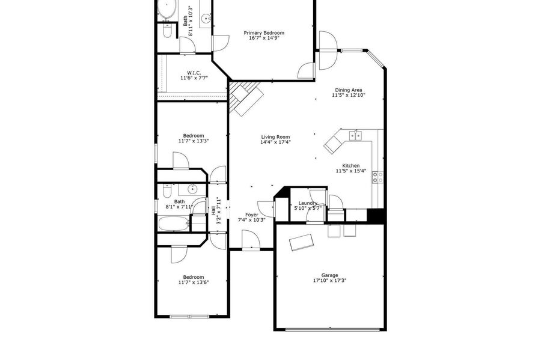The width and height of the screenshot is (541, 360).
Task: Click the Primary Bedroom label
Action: point(264,33)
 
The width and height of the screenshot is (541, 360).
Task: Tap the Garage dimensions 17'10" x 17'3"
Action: point(329,281)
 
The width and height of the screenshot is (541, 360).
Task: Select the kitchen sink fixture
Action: point(355,135)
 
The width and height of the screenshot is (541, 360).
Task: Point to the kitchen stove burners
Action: point(377,177)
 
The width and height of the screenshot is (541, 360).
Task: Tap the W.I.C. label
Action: point(194,73)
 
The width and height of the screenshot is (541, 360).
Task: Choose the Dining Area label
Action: point(349,90)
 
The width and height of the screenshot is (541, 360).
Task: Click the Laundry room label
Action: point(308,203)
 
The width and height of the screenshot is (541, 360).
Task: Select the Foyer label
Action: point(251,215)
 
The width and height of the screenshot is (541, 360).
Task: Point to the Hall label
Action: point(213,210)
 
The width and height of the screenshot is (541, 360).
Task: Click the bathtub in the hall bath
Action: point(174,224)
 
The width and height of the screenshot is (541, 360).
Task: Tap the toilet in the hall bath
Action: point(167,191)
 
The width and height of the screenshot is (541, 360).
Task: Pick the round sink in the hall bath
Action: point(192,189)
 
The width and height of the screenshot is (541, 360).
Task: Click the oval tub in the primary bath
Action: point(168,10)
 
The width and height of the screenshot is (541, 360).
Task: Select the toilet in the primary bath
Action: point(167,30)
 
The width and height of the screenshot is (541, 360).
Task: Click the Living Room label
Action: point(275,137)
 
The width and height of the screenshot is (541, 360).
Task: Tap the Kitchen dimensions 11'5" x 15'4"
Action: point(351,171)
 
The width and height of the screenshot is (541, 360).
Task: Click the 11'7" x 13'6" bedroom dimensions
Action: point(194,282)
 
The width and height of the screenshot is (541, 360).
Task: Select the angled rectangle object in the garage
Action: point(302,243)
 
